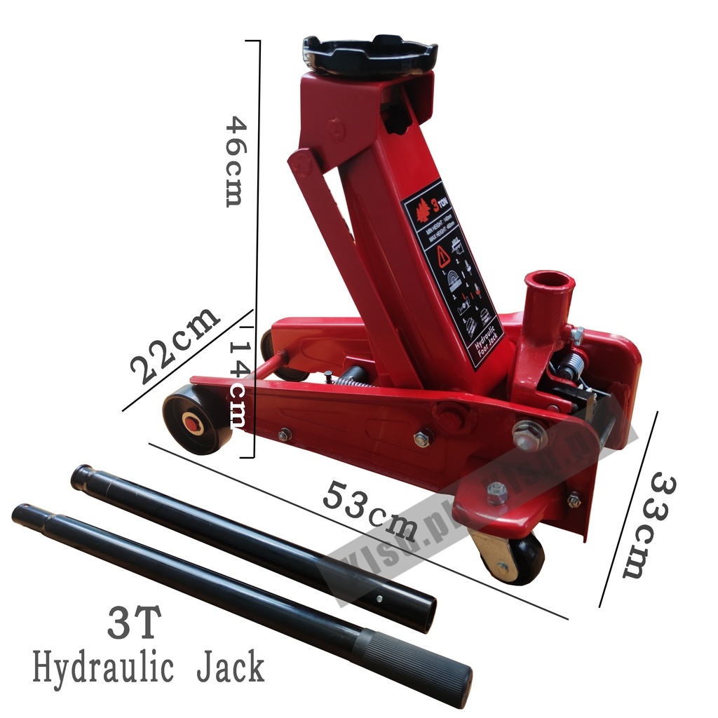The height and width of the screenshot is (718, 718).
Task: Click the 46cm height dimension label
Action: [x=237, y=161]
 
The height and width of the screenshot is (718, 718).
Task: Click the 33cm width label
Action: [x=649, y=525]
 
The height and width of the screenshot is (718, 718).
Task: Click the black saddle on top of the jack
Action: [x=370, y=55]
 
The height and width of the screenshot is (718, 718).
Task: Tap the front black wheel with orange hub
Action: [x=195, y=420]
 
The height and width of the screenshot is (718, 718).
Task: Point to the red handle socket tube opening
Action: [x=548, y=281]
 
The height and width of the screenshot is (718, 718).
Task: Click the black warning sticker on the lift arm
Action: [x=452, y=273]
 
